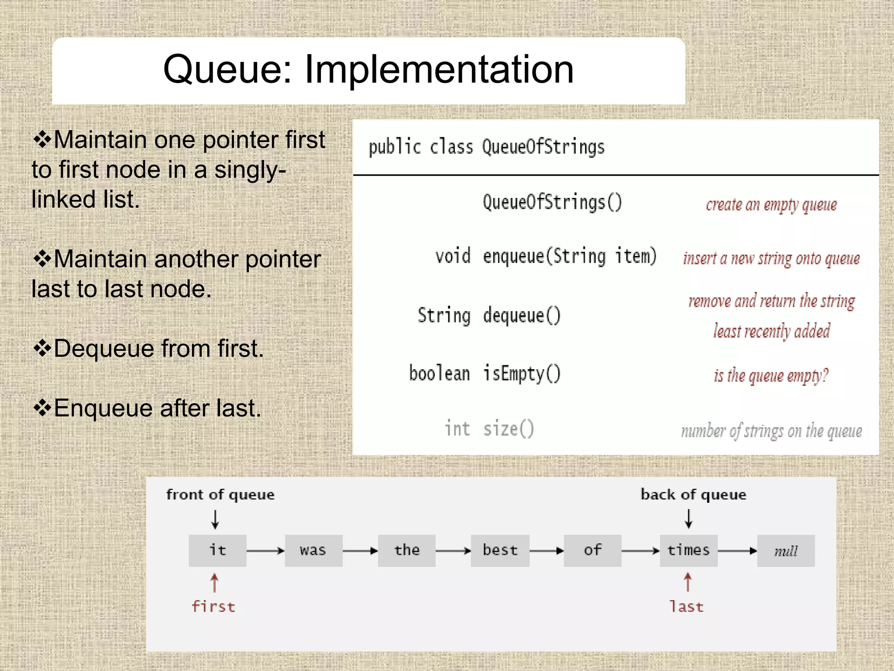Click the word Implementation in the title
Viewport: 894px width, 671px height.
pyautogui.click(x=439, y=70)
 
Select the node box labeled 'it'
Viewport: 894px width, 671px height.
pyautogui.click(x=217, y=550)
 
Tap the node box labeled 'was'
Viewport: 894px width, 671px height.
pyautogui.click(x=313, y=550)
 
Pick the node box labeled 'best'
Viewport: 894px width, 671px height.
pyautogui.click(x=500, y=550)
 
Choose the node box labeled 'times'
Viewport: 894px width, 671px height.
pyautogui.click(x=688, y=550)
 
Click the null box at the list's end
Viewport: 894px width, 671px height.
pyautogui.click(x=786, y=551)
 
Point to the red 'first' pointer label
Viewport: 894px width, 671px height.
pyautogui.click(x=213, y=606)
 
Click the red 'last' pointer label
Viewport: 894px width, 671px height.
pyautogui.click(x=687, y=606)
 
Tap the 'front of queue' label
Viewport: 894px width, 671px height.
pyautogui.click(x=220, y=495)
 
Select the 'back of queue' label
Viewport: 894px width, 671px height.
pyautogui.click(x=693, y=495)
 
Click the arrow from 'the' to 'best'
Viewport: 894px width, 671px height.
pyautogui.click(x=453, y=551)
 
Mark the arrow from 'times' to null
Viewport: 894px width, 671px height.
pyautogui.click(x=737, y=551)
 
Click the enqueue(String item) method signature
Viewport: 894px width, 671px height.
pyautogui.click(x=570, y=256)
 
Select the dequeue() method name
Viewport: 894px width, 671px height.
pyautogui.click(x=522, y=315)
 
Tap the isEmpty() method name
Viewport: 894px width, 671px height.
pyautogui.click(x=522, y=374)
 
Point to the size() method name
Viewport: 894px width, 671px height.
pyautogui.click(x=509, y=429)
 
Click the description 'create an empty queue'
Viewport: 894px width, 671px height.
pyautogui.click(x=771, y=204)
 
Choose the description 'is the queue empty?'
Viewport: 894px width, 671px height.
pyautogui.click(x=771, y=375)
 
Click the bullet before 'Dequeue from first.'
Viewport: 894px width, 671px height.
pyautogui.click(x=42, y=349)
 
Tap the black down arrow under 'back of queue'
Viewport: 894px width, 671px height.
pyautogui.click(x=688, y=519)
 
